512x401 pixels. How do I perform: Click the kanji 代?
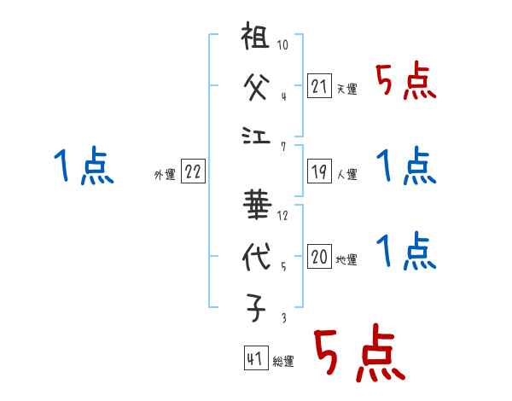coord(256,256)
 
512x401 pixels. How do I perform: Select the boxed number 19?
coord(320,172)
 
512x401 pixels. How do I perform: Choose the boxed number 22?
coord(193,171)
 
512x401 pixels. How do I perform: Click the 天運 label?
coord(346,89)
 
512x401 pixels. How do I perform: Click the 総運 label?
coord(283,362)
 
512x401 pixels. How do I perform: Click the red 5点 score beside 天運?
coord(405,83)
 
